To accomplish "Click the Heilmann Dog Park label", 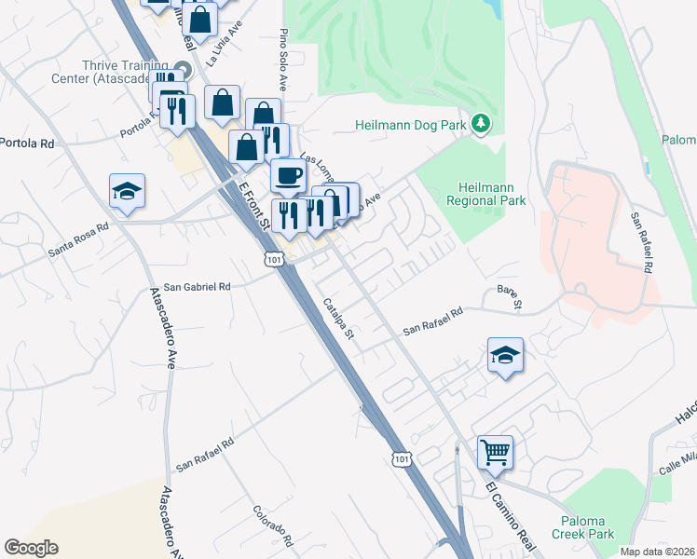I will tap(410, 126).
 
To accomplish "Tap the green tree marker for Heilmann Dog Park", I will tap(481, 123).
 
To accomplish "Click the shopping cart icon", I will tap(495, 453).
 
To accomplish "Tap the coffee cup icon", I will tap(288, 174).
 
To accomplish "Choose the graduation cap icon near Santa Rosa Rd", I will tap(127, 191).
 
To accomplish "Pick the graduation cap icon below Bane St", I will tap(505, 355).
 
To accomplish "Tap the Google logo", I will tap(31, 548).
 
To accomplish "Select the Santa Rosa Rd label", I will tap(80, 239).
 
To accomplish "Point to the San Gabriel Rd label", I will tap(197, 287).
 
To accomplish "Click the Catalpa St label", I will tap(338, 318).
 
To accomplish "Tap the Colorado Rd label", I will tap(273, 526).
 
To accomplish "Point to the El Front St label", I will tap(253, 204).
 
